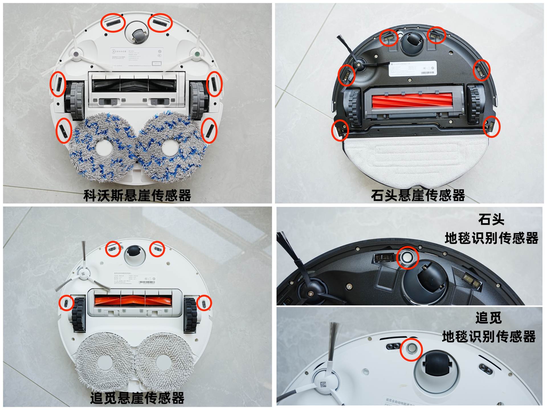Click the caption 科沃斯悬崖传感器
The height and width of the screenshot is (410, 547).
(137, 196)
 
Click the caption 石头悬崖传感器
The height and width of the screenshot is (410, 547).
(418, 196)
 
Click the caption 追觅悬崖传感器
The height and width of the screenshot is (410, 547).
(137, 398)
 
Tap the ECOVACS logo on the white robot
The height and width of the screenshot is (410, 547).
(119, 51)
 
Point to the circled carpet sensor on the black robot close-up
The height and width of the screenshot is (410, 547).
(407, 257)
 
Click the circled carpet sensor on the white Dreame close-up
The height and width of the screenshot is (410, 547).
(411, 349)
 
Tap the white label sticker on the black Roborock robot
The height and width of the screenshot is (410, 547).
(413, 68)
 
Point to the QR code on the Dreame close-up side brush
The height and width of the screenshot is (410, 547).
(323, 385)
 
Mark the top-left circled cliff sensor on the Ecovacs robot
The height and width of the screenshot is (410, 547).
(113, 23)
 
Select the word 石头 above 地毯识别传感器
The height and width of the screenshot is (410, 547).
(491, 219)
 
